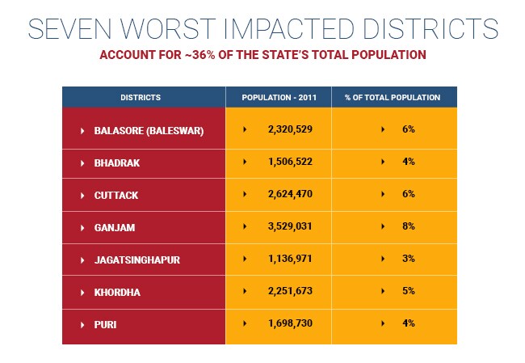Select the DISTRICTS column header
click(x=141, y=98)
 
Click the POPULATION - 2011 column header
click(x=278, y=98)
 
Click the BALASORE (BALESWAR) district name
click(x=149, y=130)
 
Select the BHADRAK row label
click(x=117, y=163)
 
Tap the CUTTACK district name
click(x=116, y=195)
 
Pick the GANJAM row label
click(x=115, y=227)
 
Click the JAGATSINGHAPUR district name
click(x=136, y=260)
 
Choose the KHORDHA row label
click(x=117, y=292)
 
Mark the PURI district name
click(x=107, y=324)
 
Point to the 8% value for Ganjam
click(x=408, y=226)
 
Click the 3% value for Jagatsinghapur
click(x=408, y=259)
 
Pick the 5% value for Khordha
click(x=408, y=291)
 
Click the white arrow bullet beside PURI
click(x=82, y=324)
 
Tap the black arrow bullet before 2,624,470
click(x=245, y=194)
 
